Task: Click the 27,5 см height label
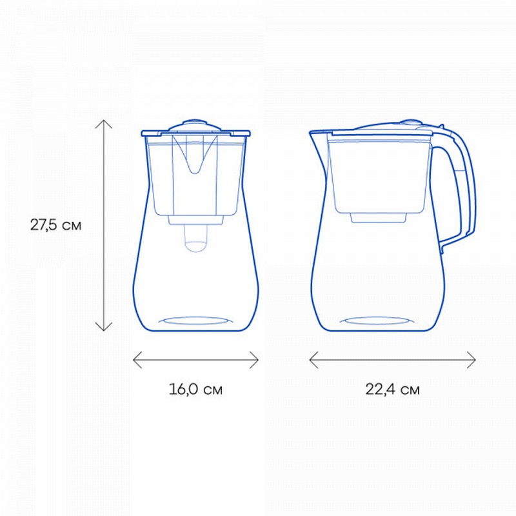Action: point(55,225)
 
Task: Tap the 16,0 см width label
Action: point(196,390)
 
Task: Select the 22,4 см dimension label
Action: point(393,390)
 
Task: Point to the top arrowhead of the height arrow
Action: point(104,124)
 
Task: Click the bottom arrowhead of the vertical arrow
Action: point(104,326)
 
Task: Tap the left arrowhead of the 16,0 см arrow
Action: point(137,360)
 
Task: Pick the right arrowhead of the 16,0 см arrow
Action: point(254,360)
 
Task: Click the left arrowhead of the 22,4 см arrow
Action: point(313,360)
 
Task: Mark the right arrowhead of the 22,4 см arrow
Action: point(471,360)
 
